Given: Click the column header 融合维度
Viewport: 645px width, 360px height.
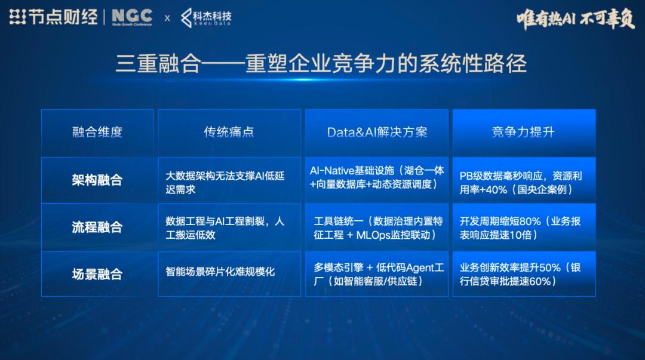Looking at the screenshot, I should click(97, 132).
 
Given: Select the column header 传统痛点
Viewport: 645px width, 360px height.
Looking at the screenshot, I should click(229, 132).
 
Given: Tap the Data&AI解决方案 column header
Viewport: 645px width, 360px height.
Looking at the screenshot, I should click(377, 132).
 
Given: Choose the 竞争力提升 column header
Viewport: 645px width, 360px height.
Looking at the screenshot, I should click(523, 132).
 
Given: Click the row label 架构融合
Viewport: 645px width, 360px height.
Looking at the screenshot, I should click(97, 180).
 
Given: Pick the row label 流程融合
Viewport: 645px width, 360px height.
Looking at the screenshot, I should click(97, 227).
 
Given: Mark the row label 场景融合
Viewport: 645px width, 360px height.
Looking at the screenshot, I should click(97, 274).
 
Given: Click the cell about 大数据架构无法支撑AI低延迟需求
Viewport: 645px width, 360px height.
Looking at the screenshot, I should click(229, 182).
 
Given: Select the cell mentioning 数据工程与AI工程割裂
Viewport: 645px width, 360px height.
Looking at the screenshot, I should click(229, 227).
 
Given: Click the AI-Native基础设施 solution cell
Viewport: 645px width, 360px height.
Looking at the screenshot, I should click(377, 177).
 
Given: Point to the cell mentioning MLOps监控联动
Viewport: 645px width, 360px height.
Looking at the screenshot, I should click(377, 227).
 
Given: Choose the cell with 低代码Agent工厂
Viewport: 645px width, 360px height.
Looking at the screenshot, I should click(377, 274).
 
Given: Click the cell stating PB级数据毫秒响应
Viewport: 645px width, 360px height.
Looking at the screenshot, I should click(523, 182).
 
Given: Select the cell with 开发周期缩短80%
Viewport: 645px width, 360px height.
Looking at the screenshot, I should click(523, 227).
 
